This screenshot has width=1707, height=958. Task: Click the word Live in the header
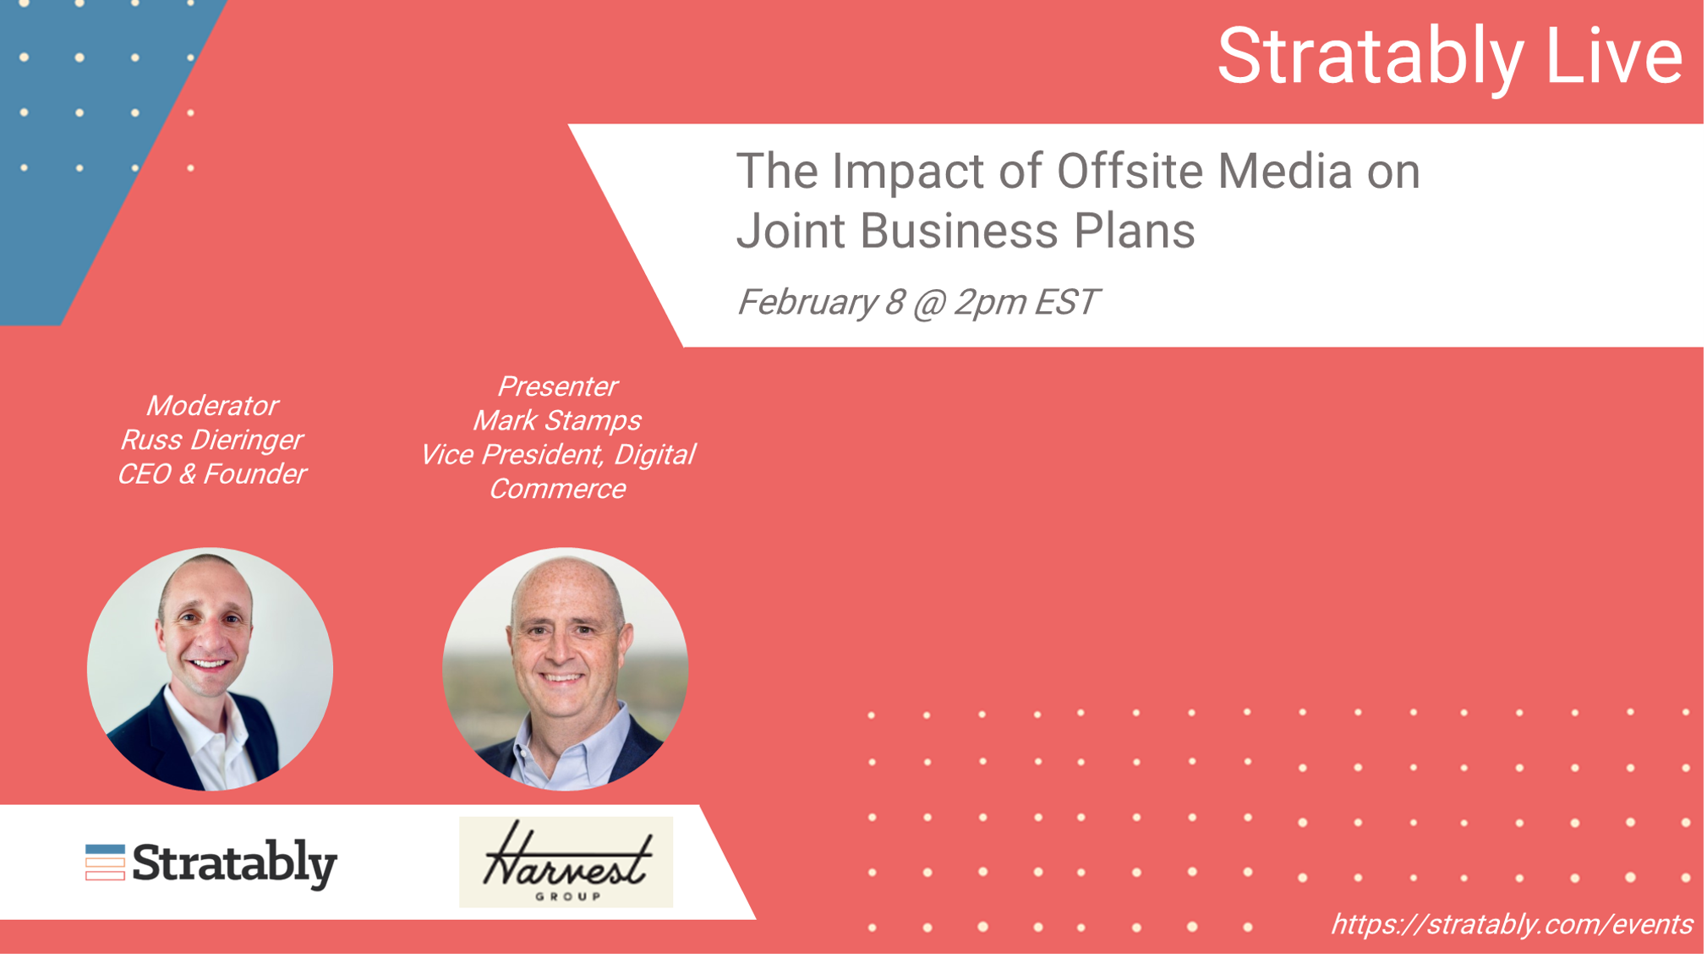click(x=1614, y=56)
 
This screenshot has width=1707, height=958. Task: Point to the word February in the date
click(x=807, y=303)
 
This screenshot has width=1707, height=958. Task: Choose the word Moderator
click(x=211, y=406)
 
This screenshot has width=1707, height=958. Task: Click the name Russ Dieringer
click(x=211, y=440)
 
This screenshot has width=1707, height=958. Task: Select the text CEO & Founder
click(x=211, y=474)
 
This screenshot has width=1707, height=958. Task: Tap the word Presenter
click(x=557, y=386)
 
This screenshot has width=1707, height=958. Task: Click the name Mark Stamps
click(x=557, y=420)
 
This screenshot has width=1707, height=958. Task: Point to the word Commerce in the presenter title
click(x=557, y=489)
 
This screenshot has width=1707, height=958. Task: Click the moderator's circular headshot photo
click(x=210, y=669)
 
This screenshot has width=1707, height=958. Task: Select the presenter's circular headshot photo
click(x=566, y=669)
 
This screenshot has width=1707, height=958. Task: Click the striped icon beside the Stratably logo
click(x=105, y=862)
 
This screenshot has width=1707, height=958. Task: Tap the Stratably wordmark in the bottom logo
click(x=235, y=864)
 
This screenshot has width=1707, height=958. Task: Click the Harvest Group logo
click(x=566, y=862)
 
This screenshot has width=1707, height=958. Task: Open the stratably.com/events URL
click(x=1512, y=924)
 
